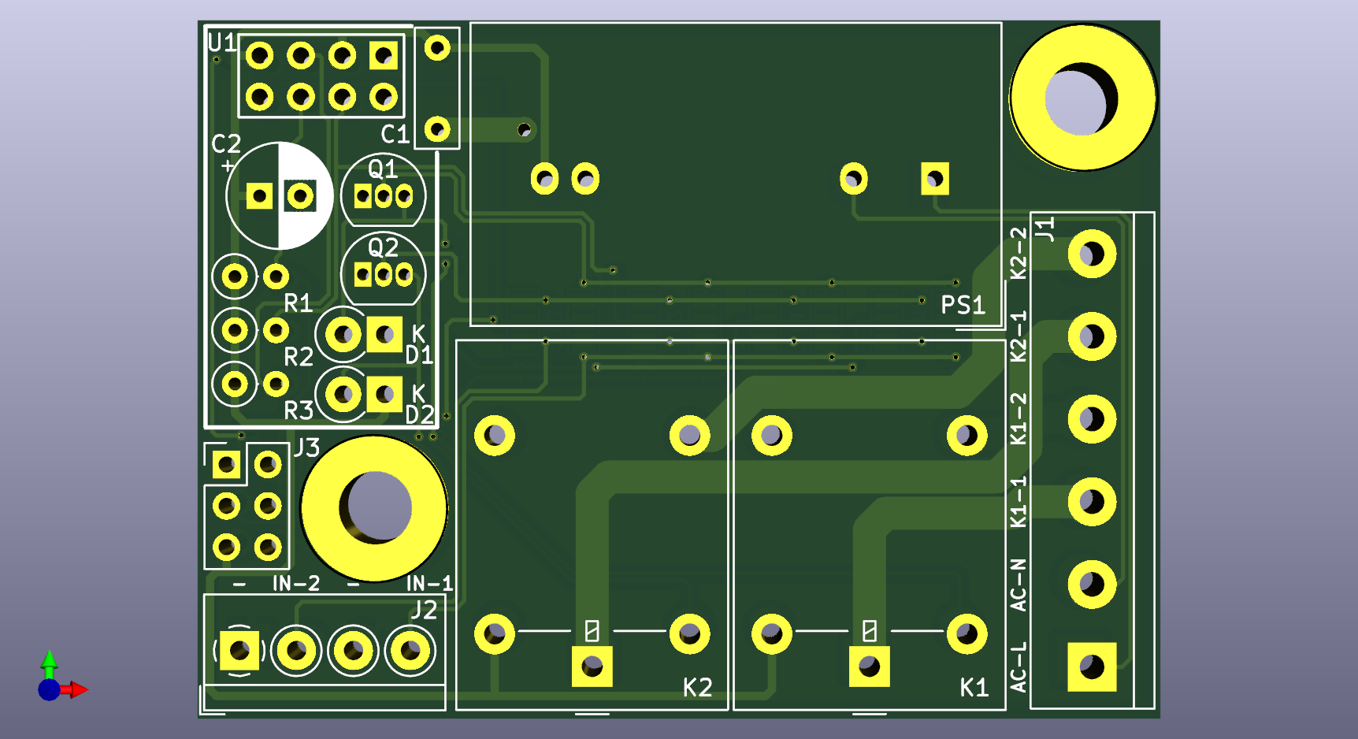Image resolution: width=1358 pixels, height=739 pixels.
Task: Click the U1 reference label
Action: (221, 42)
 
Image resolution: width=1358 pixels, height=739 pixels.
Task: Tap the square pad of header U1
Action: (384, 56)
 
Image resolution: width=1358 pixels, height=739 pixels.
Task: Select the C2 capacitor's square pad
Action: (259, 195)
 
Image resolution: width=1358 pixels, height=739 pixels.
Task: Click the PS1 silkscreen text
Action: (963, 305)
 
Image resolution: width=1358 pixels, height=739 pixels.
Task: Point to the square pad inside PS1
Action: (935, 179)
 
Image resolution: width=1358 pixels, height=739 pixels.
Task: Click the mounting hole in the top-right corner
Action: (1083, 98)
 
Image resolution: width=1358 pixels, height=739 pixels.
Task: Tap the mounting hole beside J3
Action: (374, 508)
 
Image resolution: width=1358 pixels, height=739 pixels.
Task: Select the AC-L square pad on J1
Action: (1092, 667)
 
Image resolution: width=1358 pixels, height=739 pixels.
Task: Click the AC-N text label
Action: (1018, 585)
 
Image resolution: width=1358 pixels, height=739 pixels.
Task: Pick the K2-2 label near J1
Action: (1018, 253)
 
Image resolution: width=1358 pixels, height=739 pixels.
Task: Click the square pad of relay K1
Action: (870, 667)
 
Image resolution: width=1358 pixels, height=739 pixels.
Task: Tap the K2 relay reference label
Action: (697, 688)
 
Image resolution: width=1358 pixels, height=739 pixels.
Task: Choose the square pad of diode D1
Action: (384, 335)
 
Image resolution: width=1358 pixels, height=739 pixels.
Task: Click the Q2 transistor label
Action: (383, 247)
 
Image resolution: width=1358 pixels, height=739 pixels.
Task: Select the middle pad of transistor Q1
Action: (384, 195)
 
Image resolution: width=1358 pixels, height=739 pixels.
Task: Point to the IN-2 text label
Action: (296, 583)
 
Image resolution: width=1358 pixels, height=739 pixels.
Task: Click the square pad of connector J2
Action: (239, 651)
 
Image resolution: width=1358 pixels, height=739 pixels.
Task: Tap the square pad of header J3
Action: (226, 465)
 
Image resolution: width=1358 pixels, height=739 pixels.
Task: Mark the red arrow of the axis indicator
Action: (74, 690)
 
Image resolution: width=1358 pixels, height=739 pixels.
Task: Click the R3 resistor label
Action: (299, 410)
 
